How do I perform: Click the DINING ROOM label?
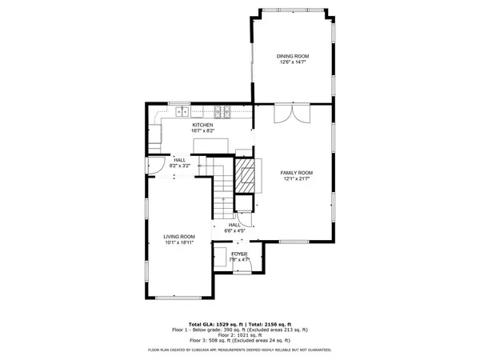click(x=293, y=56)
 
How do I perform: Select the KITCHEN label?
click(x=202, y=126)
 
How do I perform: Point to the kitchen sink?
click(x=182, y=114)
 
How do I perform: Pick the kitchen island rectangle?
click(x=211, y=144)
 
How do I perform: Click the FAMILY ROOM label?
click(x=295, y=173)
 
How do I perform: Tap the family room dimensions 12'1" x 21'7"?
click(x=295, y=179)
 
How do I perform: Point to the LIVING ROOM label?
click(x=180, y=236)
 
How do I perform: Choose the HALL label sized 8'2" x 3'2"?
click(x=180, y=159)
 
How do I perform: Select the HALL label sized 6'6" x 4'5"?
click(x=234, y=225)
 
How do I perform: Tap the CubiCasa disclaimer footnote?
click(x=240, y=350)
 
